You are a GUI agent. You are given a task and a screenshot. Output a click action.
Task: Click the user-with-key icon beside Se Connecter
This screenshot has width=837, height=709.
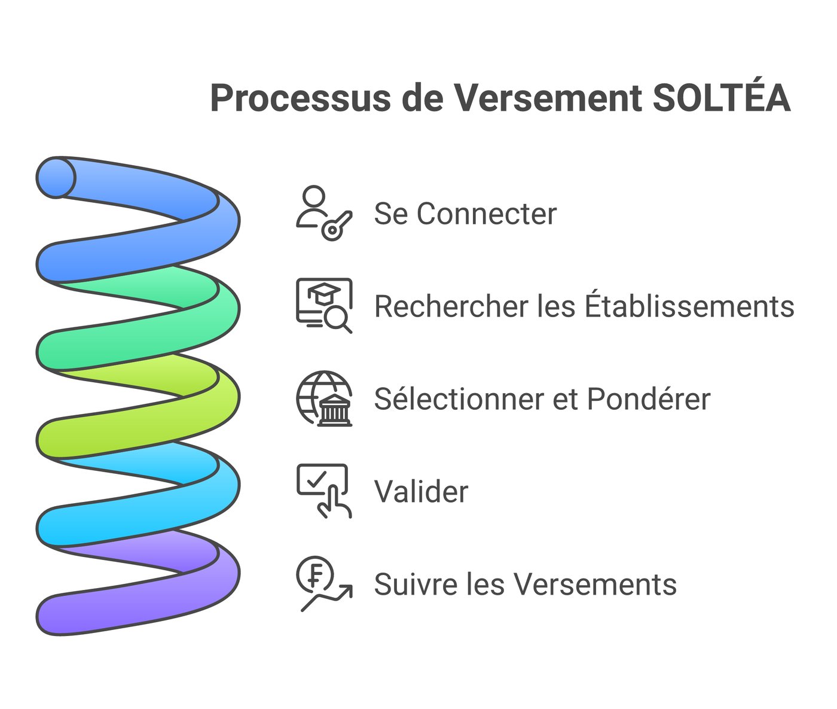click(323, 213)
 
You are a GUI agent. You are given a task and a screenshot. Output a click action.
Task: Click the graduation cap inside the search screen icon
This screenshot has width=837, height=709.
click(323, 294)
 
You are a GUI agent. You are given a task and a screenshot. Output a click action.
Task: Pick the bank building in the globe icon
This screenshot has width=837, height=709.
click(335, 410)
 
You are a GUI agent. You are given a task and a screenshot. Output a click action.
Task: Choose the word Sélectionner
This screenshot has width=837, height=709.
click(458, 398)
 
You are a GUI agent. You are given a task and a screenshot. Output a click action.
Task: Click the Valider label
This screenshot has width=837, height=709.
click(421, 491)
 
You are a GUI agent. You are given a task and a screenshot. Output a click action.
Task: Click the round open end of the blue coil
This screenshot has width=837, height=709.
click(56, 177)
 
